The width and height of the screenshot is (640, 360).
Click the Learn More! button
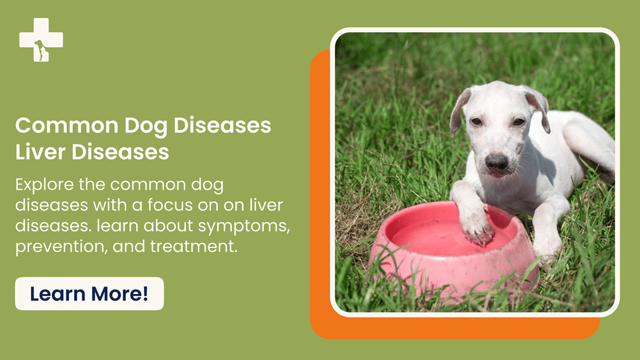89,294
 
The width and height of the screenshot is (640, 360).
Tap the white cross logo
41,40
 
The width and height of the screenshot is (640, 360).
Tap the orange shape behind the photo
321,212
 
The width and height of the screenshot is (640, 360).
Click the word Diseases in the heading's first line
223,126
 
